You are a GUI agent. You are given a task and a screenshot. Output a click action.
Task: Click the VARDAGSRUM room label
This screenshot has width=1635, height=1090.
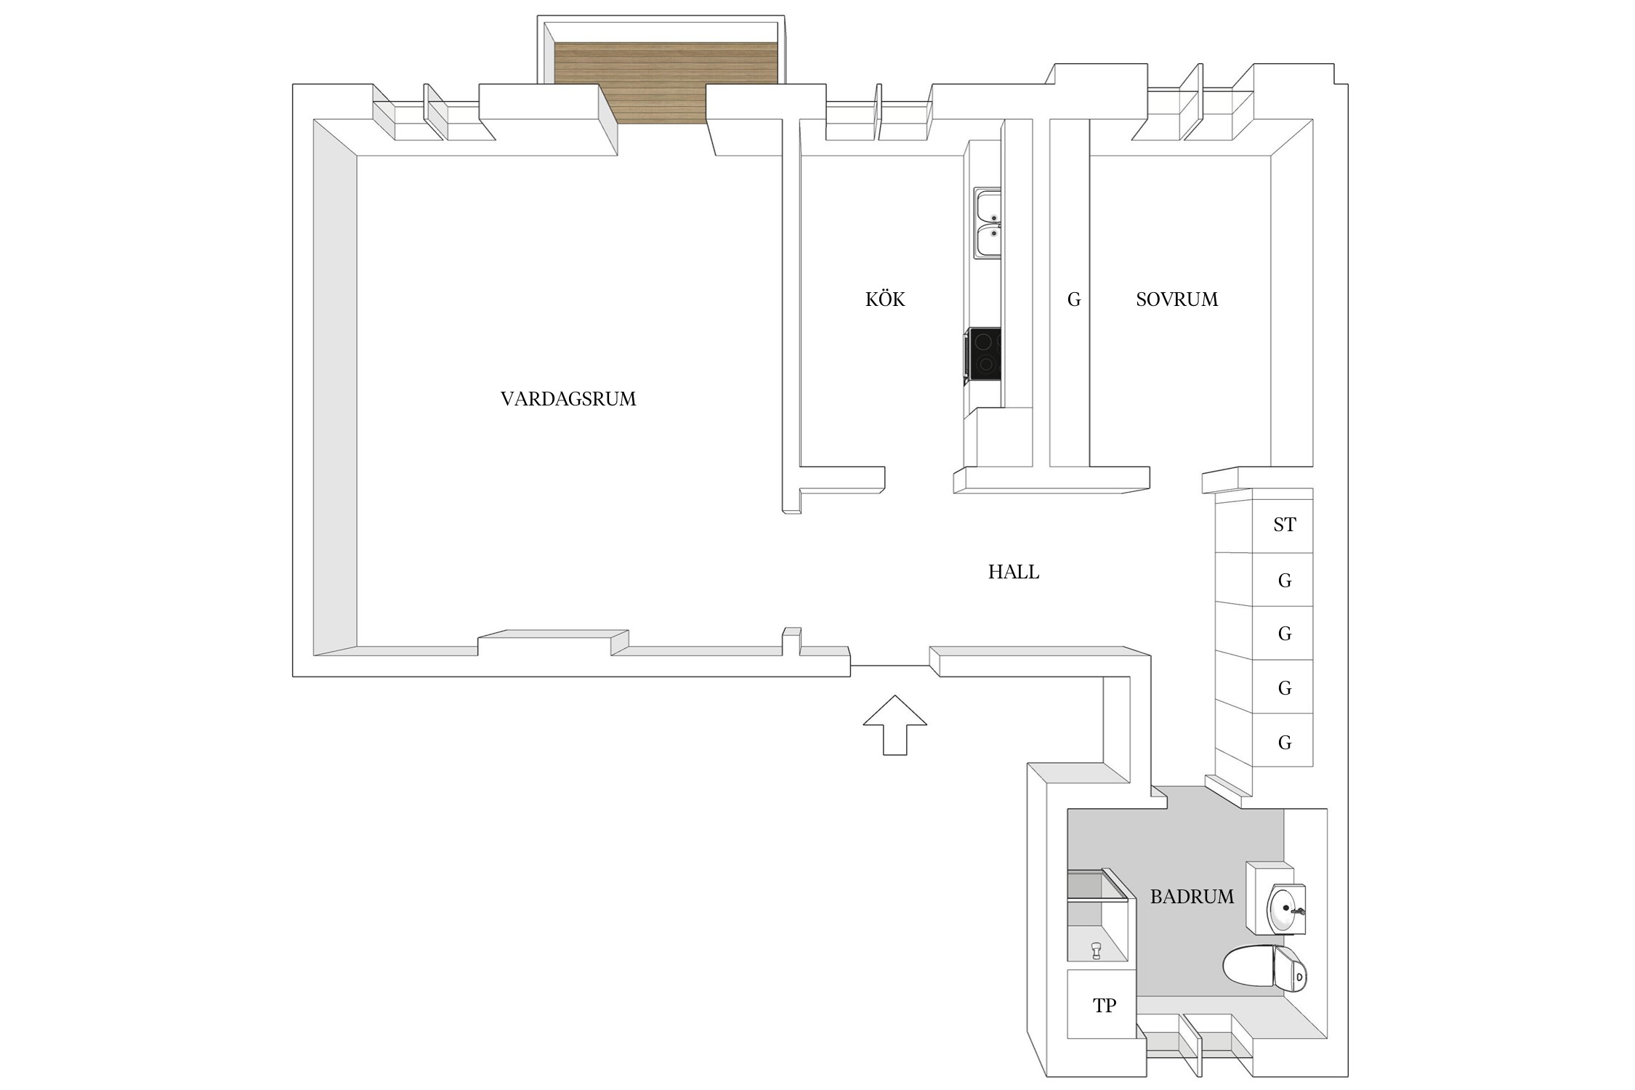coord(568,399)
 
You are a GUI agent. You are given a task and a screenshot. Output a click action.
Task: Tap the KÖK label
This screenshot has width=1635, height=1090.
coord(884,299)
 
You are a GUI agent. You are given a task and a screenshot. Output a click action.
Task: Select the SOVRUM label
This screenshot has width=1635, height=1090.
coord(1176,299)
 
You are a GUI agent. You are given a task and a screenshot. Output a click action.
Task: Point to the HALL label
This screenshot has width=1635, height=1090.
coord(1013,573)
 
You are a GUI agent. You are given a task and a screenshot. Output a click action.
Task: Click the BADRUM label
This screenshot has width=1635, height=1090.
coord(1191,897)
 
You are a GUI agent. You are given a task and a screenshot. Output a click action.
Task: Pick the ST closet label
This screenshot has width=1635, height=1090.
coord(1284,525)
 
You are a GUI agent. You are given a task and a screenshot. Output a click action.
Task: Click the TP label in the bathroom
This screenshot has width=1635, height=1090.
coord(1104,1006)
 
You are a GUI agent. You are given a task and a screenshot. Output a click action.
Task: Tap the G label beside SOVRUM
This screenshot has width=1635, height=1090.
coord(1074,299)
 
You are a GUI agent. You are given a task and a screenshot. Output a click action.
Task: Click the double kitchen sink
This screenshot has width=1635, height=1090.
coord(987,223)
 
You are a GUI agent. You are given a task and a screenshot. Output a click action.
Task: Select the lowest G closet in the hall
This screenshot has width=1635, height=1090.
coord(1284,743)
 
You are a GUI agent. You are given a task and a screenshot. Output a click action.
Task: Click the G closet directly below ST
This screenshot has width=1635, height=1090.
coord(1284,581)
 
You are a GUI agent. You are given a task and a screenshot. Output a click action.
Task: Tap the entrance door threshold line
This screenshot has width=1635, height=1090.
coord(889,666)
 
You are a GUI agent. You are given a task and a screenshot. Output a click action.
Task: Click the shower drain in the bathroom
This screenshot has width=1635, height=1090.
coord(1096,949)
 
